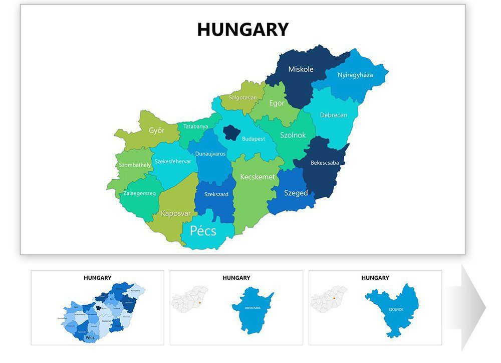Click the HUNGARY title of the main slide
pyautogui.click(x=242, y=30)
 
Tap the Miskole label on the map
pyautogui.click(x=301, y=69)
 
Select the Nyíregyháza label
pyautogui.click(x=355, y=75)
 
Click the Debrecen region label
pyautogui.click(x=333, y=115)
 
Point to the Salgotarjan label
pyautogui.click(x=243, y=97)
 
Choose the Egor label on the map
pyautogui.click(x=277, y=103)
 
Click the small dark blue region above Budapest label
pyautogui.click(x=231, y=132)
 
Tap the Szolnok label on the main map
pyautogui.click(x=293, y=136)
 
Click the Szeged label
pyautogui.click(x=296, y=193)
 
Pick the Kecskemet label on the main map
pyautogui.click(x=258, y=177)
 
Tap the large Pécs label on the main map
pyautogui.click(x=203, y=231)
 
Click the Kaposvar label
pyautogui.click(x=176, y=213)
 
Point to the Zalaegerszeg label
pyautogui.click(x=139, y=193)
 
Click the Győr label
pyautogui.click(x=156, y=131)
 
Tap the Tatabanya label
pyautogui.click(x=195, y=127)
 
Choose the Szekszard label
pyautogui.click(x=216, y=194)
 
